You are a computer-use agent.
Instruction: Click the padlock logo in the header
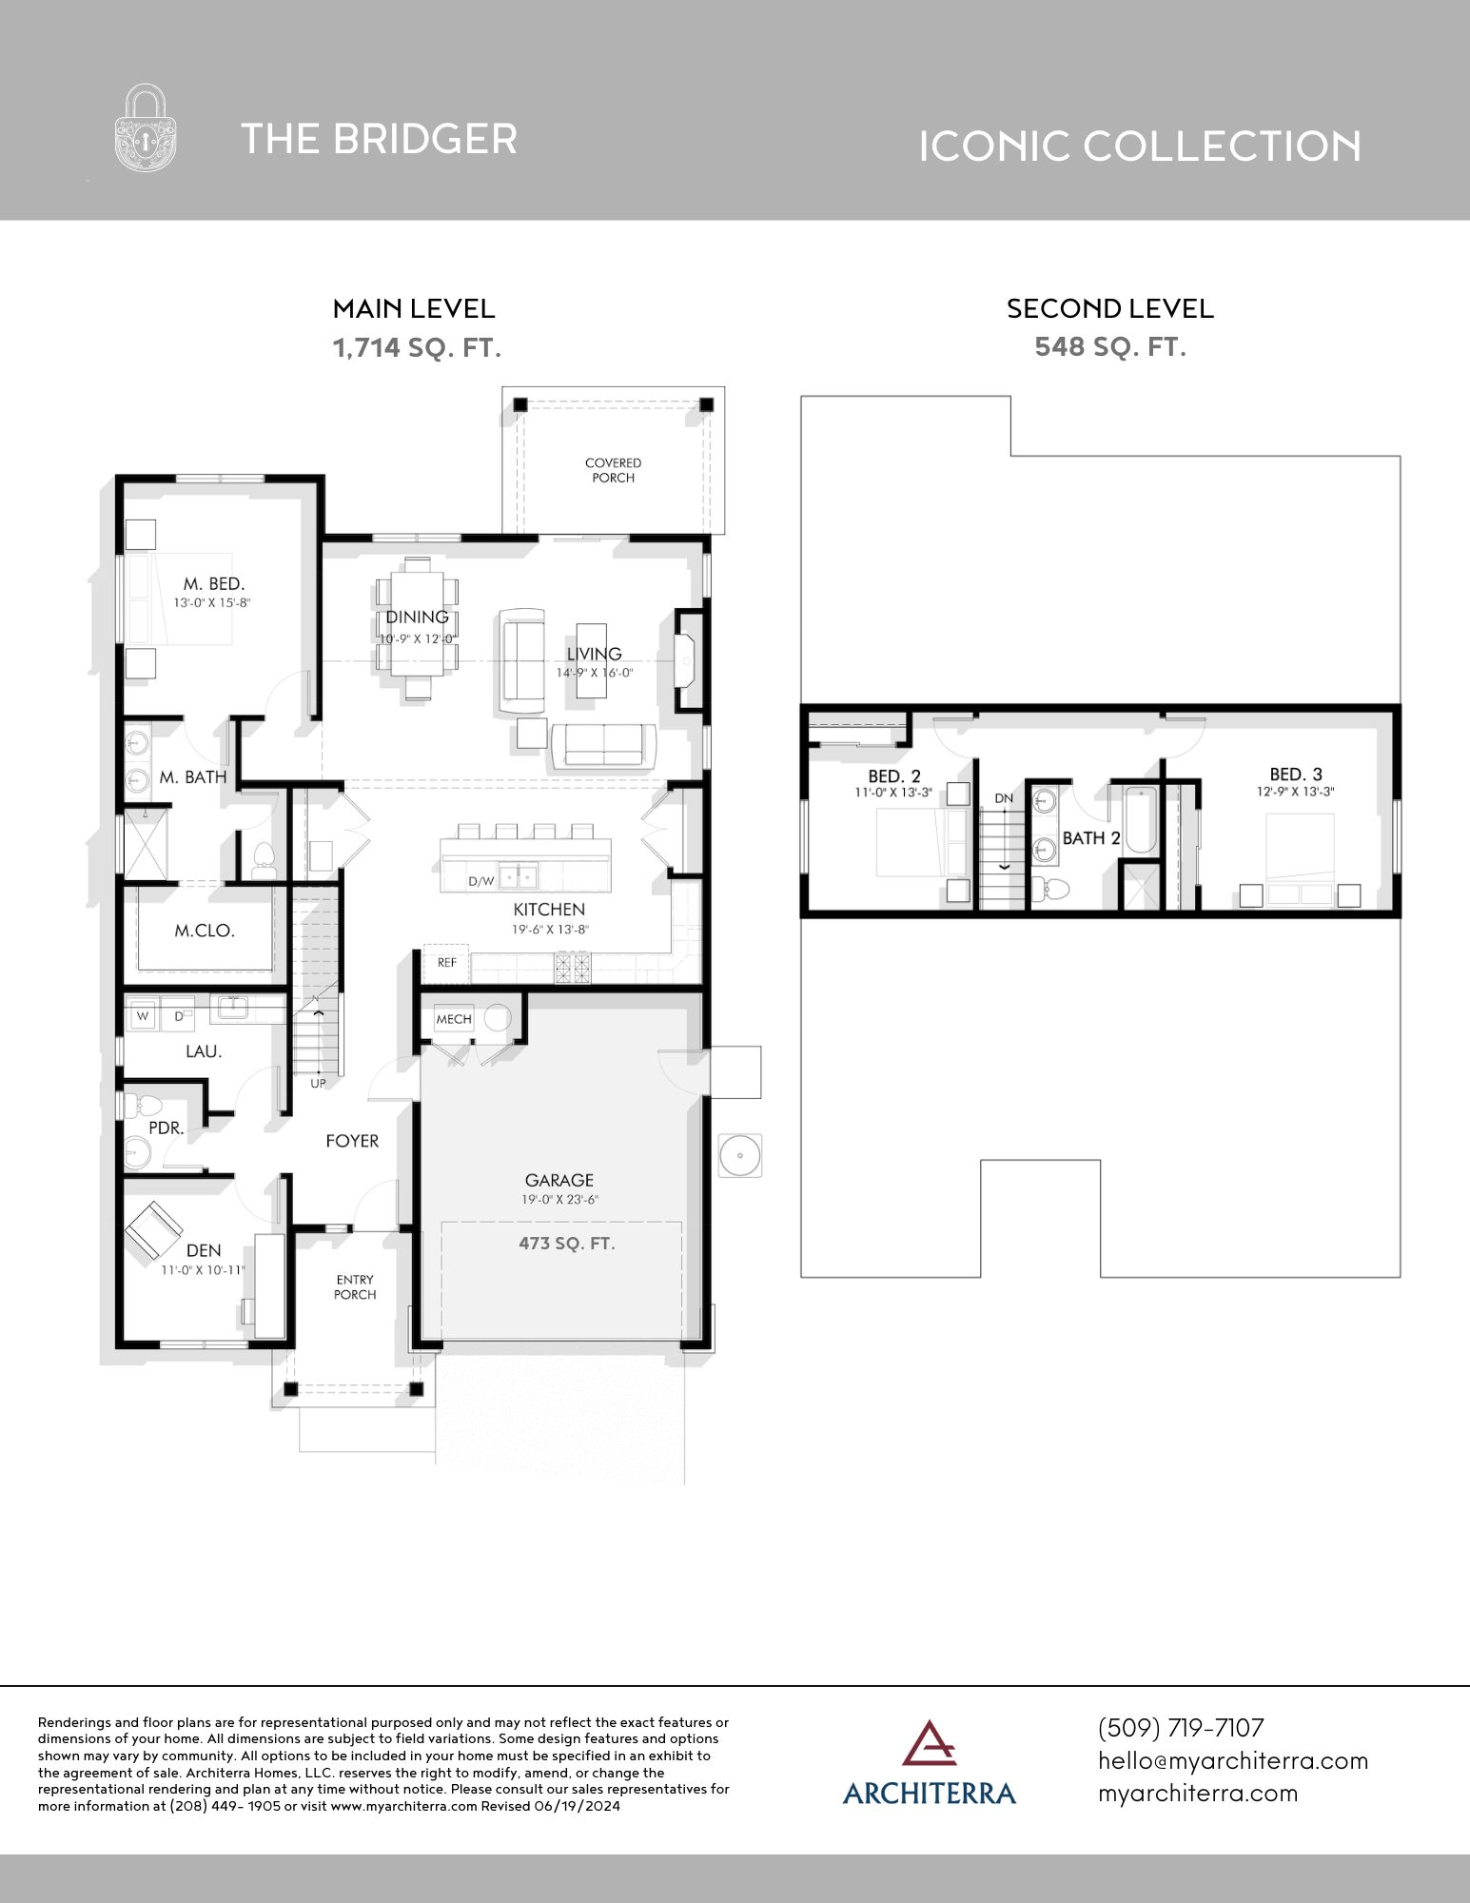click(x=146, y=128)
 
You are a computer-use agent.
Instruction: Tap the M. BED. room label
click(x=214, y=583)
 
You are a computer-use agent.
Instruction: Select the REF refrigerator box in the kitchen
click(x=446, y=963)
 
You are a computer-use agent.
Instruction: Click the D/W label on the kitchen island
click(x=481, y=881)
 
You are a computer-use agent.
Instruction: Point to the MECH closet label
click(x=454, y=1019)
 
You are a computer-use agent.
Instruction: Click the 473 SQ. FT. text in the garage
click(x=566, y=1243)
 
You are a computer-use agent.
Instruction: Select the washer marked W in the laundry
click(x=143, y=1016)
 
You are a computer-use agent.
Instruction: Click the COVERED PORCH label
click(x=613, y=470)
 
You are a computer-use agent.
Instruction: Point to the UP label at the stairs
click(x=318, y=1083)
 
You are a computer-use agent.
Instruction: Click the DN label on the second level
click(x=1004, y=798)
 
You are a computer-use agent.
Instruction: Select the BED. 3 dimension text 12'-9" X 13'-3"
click(x=1295, y=792)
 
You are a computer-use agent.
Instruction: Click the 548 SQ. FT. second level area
click(x=1110, y=346)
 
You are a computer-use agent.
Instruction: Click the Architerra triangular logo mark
click(x=929, y=1743)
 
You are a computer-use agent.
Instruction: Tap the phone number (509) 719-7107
click(x=1181, y=1728)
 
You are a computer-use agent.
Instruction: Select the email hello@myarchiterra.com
click(x=1232, y=1760)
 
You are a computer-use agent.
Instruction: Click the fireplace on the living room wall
click(x=687, y=659)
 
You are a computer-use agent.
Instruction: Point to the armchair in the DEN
click(x=153, y=1229)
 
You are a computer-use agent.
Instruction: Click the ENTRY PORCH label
click(x=355, y=1286)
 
